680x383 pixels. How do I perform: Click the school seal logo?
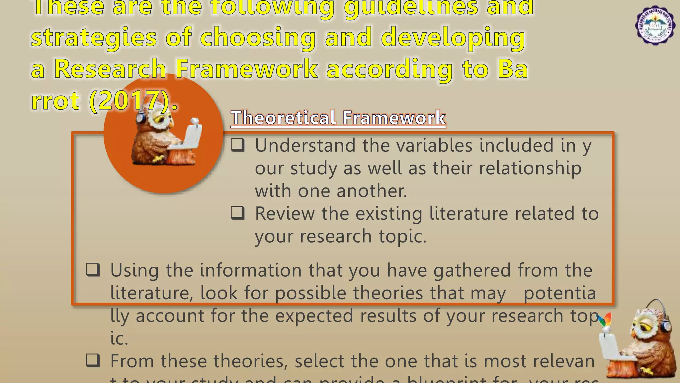pyautogui.click(x=655, y=26)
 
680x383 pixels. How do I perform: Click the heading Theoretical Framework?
pyautogui.click(x=338, y=118)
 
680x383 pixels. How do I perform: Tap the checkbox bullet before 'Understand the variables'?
pyautogui.click(x=238, y=145)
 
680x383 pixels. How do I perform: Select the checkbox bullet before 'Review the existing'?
pyautogui.click(x=238, y=213)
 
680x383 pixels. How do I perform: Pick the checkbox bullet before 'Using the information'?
pyautogui.click(x=93, y=270)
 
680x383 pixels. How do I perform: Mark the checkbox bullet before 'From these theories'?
pyautogui.click(x=93, y=360)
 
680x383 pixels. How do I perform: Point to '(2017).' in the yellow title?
pyautogui.click(x=133, y=100)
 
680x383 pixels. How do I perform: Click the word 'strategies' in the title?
pyautogui.click(x=94, y=37)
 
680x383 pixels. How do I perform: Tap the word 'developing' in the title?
pyautogui.click(x=453, y=37)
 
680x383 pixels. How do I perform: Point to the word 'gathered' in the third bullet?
pyautogui.click(x=472, y=270)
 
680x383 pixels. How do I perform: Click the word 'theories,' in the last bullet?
pyautogui.click(x=251, y=361)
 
